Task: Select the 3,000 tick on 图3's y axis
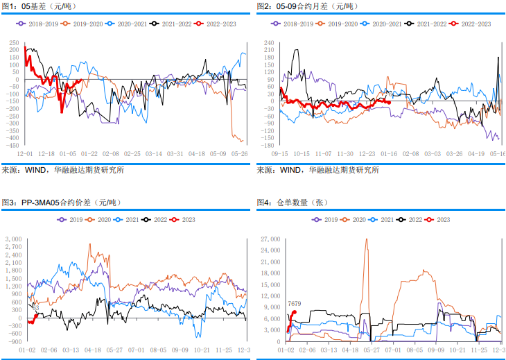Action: [12, 239]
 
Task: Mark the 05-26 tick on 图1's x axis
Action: [239, 153]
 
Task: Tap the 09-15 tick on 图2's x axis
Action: [280, 153]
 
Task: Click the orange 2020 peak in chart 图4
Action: [367, 240]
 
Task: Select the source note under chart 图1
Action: [62, 169]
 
